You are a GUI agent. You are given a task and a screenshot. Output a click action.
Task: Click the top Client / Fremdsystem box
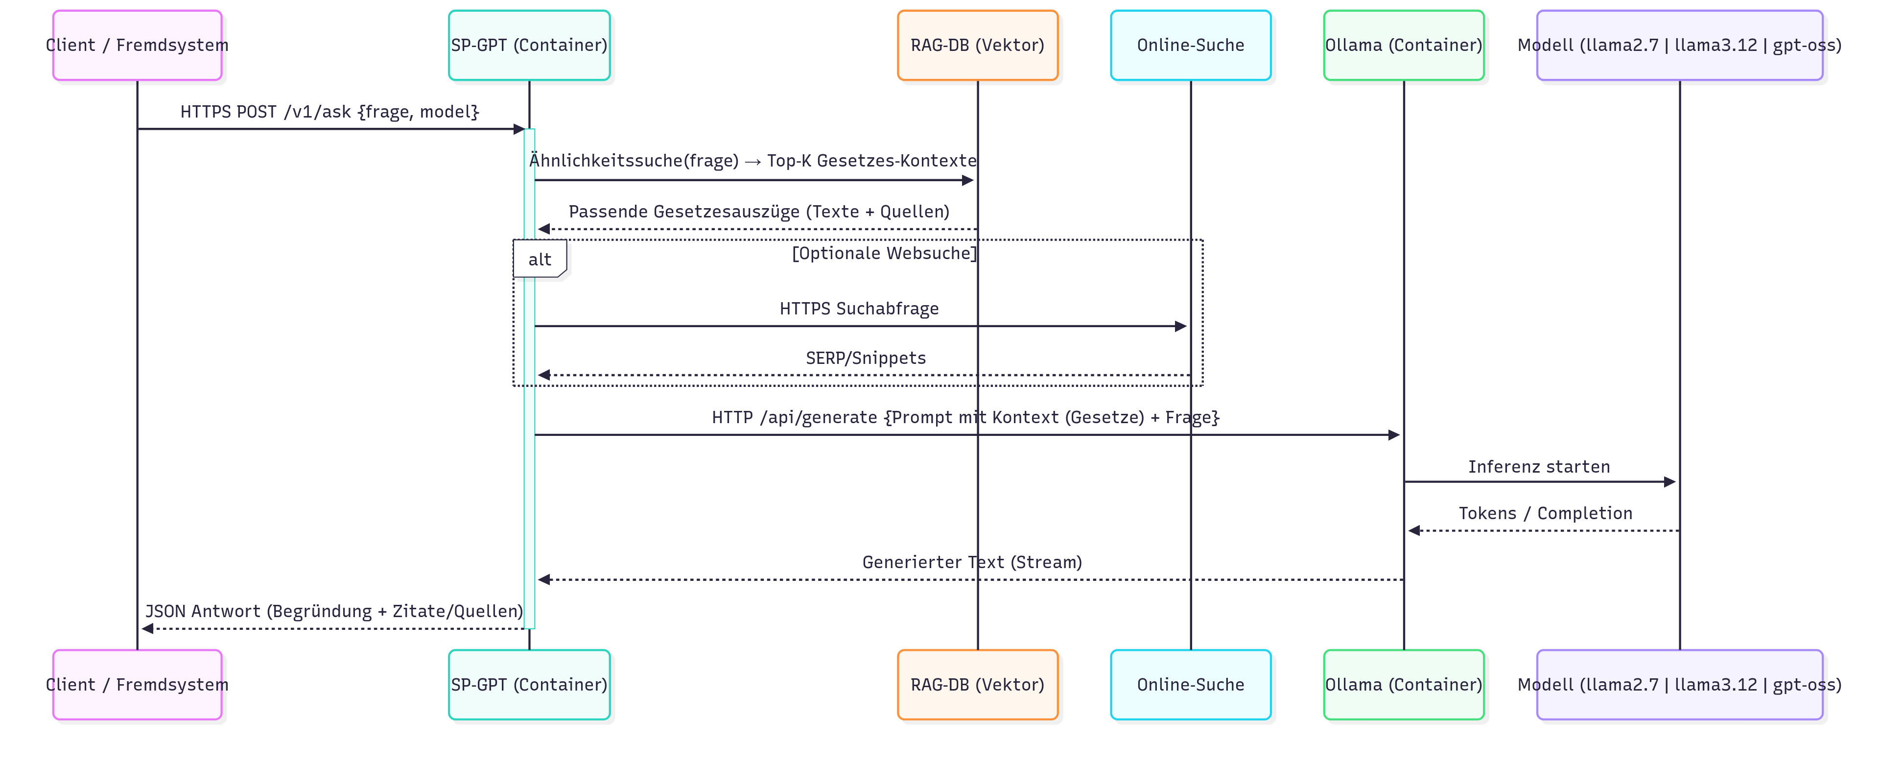pos(137,45)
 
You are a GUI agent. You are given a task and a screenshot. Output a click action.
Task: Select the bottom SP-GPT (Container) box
pos(529,685)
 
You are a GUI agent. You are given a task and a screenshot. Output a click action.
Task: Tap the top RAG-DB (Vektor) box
pos(977,45)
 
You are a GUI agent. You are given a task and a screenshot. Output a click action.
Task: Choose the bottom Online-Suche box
pos(1190,685)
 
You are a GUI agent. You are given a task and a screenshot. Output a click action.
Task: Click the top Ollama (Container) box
pos(1404,45)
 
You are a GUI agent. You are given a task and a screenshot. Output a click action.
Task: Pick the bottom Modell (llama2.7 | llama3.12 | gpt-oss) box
pos(1679,685)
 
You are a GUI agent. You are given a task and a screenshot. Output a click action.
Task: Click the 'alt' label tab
pos(540,259)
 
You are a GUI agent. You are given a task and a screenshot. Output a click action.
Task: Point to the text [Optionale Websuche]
pos(884,253)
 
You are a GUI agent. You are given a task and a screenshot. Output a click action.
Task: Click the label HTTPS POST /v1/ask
pos(329,112)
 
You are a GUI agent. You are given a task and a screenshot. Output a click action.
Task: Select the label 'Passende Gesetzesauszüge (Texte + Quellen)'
pos(759,212)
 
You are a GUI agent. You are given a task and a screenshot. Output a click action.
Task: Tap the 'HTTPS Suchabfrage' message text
pos(859,309)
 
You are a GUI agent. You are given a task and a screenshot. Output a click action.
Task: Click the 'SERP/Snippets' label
pos(866,358)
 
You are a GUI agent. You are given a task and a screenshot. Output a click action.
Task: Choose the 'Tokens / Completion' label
pos(1545,513)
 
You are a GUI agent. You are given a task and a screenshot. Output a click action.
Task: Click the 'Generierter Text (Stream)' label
pos(971,562)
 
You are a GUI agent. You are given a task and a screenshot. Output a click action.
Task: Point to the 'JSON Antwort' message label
pos(333,611)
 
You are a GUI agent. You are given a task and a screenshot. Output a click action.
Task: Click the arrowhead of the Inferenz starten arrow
pos(1669,482)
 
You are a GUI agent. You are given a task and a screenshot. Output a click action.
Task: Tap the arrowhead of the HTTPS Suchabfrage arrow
pos(1180,326)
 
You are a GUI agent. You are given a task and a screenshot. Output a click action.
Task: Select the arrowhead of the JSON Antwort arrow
pos(147,628)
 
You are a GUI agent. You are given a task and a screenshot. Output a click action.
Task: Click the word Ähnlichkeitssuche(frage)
pos(634,161)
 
